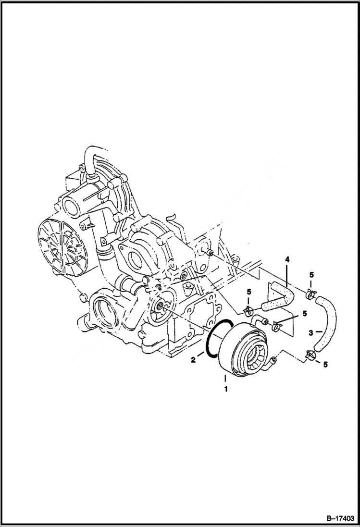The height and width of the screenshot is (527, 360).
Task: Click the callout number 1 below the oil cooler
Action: click(x=224, y=387)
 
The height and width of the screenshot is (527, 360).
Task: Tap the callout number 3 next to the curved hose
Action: click(x=311, y=332)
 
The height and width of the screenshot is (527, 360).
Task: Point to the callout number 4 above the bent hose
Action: click(x=287, y=260)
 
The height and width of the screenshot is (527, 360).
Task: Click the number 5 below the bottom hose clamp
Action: click(x=325, y=365)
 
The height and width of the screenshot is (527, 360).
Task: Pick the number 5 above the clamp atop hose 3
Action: click(x=311, y=275)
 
